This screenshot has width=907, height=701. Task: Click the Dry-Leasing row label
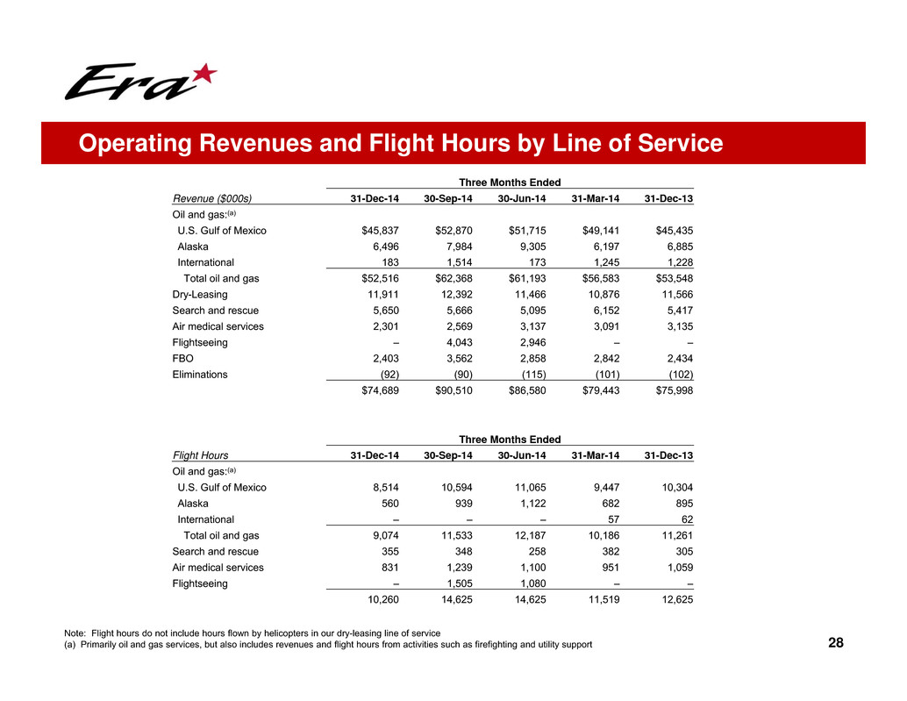pyautogui.click(x=200, y=295)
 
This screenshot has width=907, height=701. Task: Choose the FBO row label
pyautogui.click(x=182, y=358)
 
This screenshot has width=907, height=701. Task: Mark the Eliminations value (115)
pyautogui.click(x=532, y=375)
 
